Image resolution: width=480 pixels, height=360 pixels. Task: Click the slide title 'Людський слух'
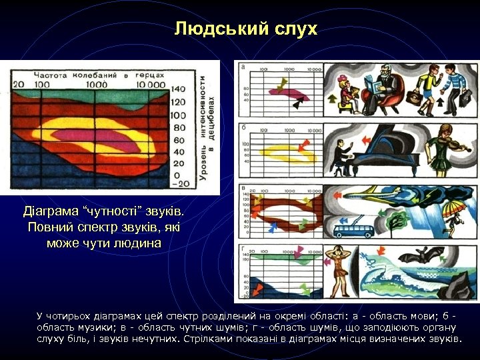coord(246,29)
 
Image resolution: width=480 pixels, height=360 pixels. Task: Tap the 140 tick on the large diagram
coord(178,89)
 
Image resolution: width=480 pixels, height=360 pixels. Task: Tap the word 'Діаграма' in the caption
coord(49,213)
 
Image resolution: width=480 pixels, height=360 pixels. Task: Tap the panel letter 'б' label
coord(243,127)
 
